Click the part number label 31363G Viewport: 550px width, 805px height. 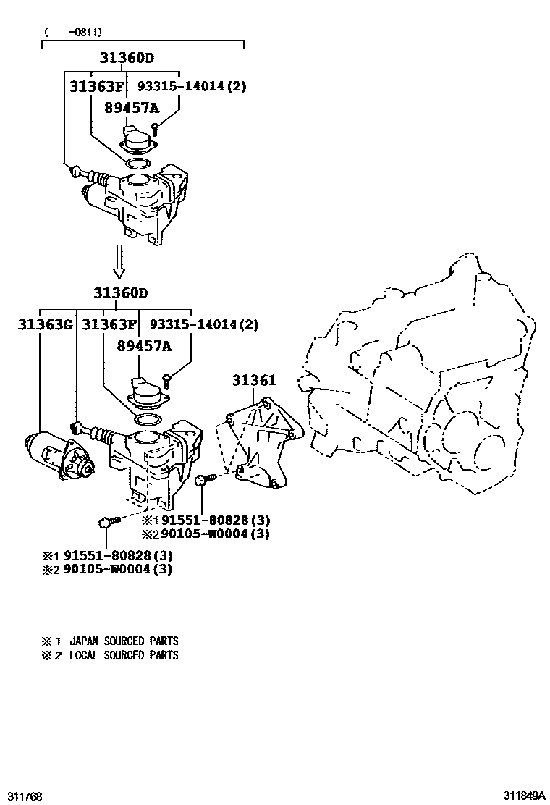[x=45, y=324]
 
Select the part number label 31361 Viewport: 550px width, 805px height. [x=254, y=381]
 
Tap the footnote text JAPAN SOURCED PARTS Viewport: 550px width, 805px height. [x=123, y=641]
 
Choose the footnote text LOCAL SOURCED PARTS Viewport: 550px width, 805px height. [x=123, y=655]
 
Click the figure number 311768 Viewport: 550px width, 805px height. [x=22, y=796]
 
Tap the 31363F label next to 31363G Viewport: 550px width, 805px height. [x=109, y=324]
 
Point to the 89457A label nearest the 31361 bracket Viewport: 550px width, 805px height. [x=144, y=346]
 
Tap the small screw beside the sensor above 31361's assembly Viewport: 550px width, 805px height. [x=167, y=376]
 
